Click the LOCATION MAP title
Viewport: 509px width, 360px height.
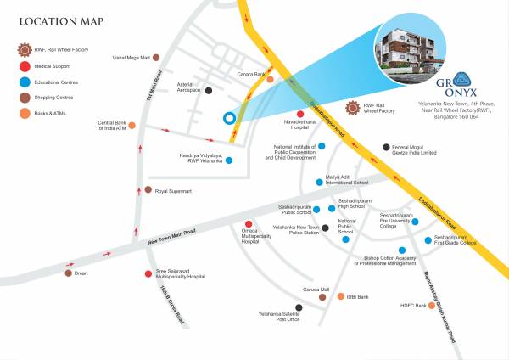(57, 21)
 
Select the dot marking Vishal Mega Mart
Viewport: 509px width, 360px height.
(155, 58)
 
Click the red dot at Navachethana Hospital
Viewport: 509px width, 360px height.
(299, 114)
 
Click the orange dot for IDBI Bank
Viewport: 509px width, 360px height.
(340, 298)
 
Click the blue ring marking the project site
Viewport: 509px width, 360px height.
(227, 118)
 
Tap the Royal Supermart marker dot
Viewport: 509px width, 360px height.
(148, 190)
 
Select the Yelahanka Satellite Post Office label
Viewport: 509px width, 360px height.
(280, 317)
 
